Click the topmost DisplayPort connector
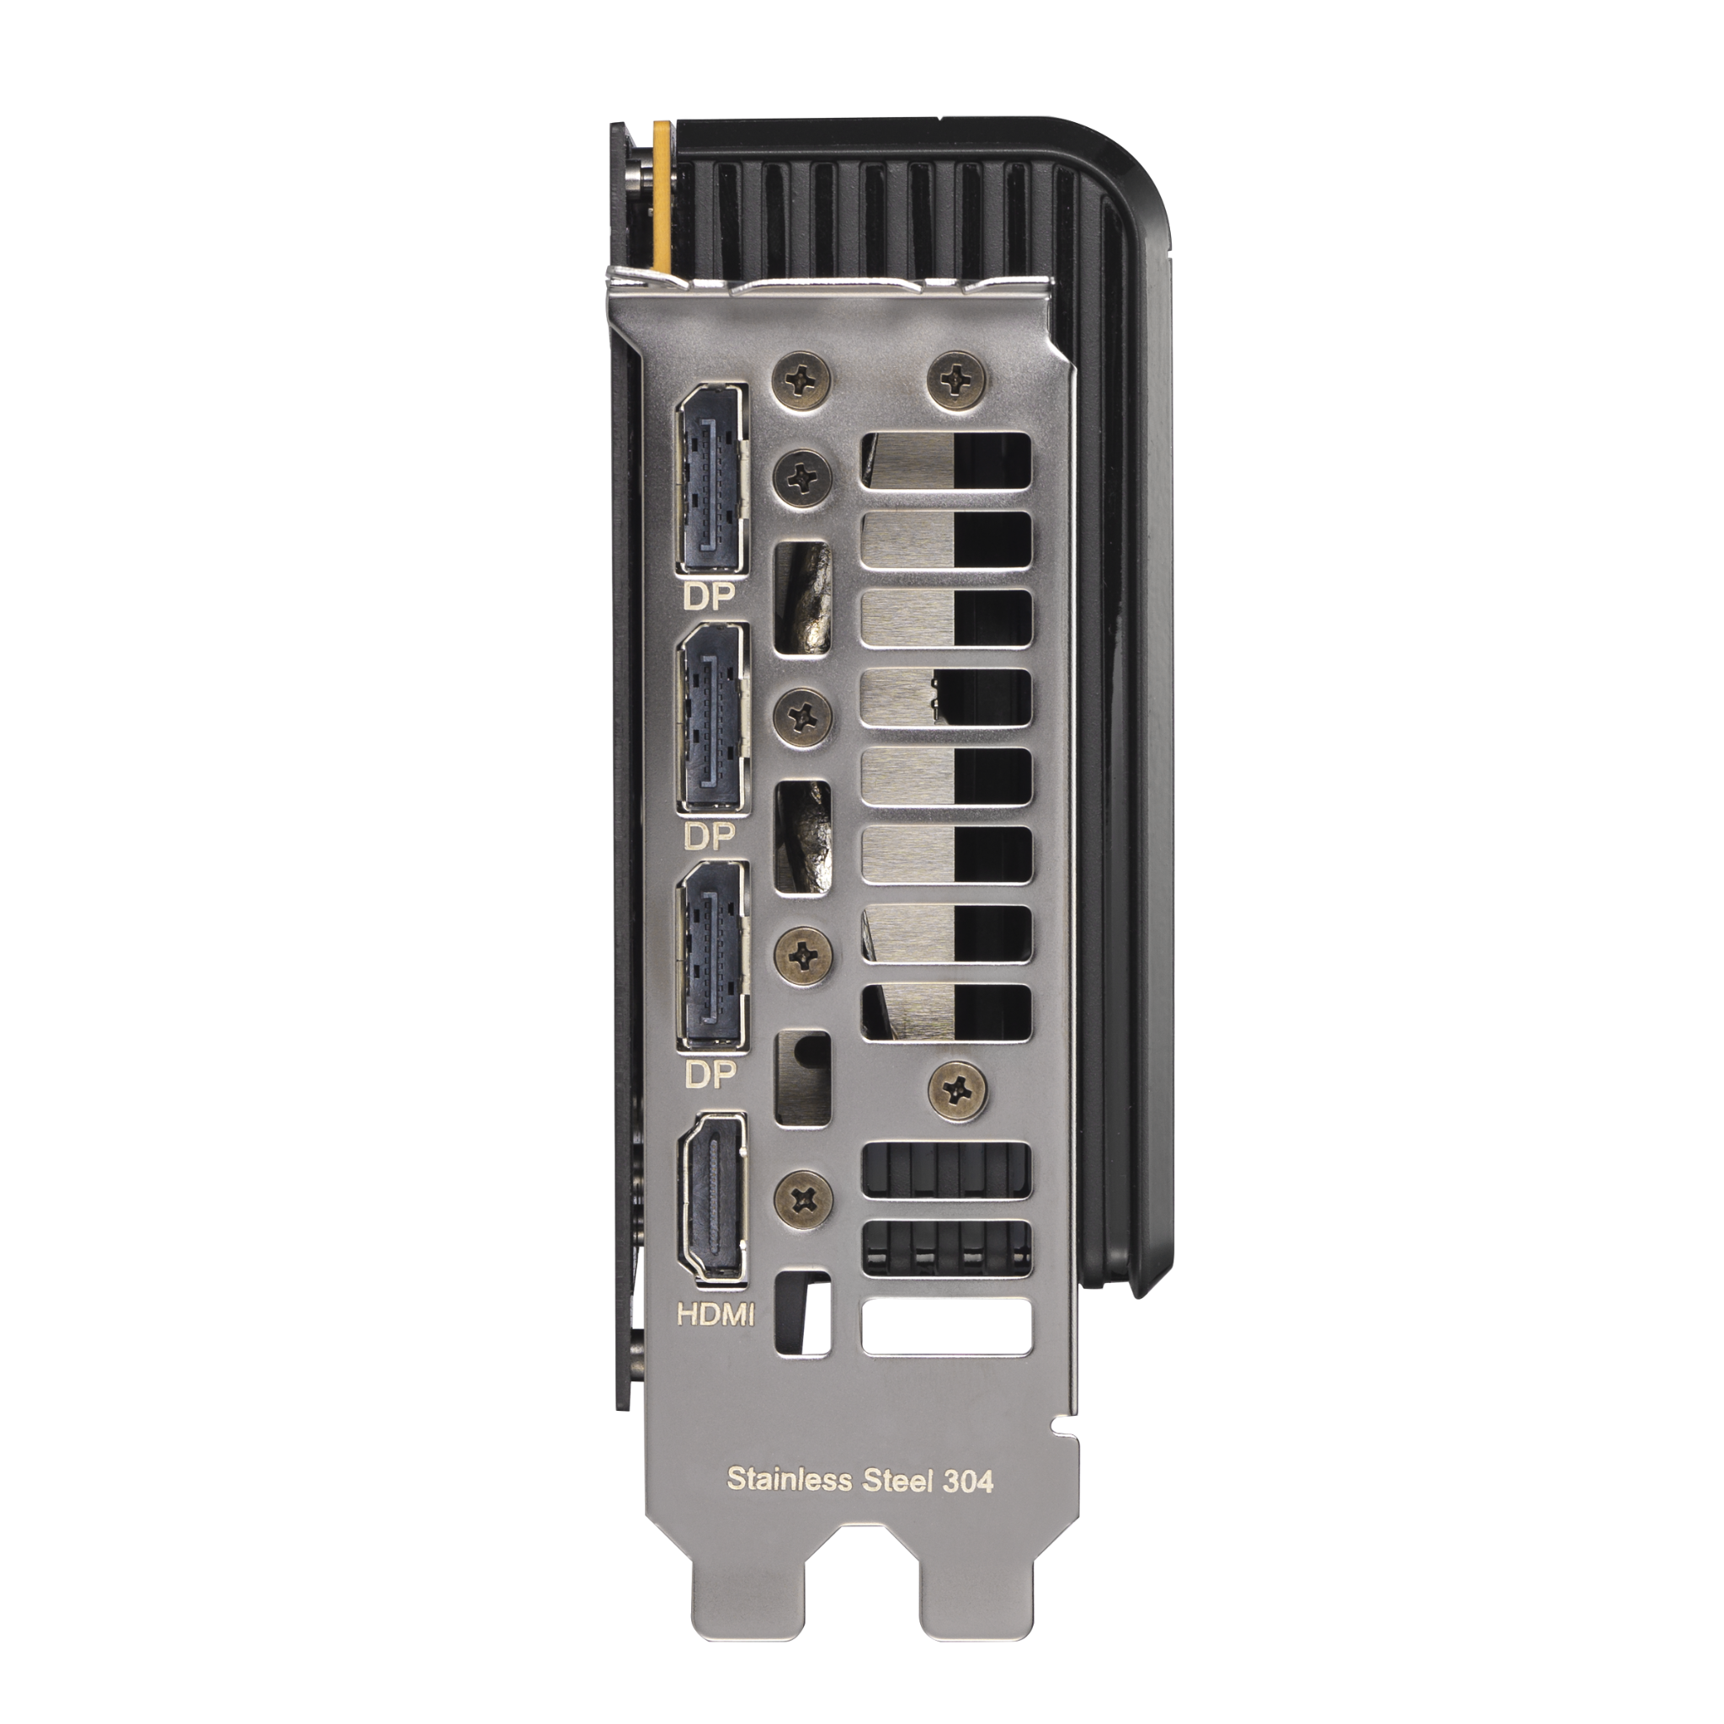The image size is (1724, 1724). point(712,492)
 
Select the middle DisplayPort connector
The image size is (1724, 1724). point(712,719)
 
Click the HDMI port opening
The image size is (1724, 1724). point(712,1200)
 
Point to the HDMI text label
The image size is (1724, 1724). point(716,1314)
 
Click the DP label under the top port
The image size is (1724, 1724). point(709,597)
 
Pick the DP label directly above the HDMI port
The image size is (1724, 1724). point(710,1075)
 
